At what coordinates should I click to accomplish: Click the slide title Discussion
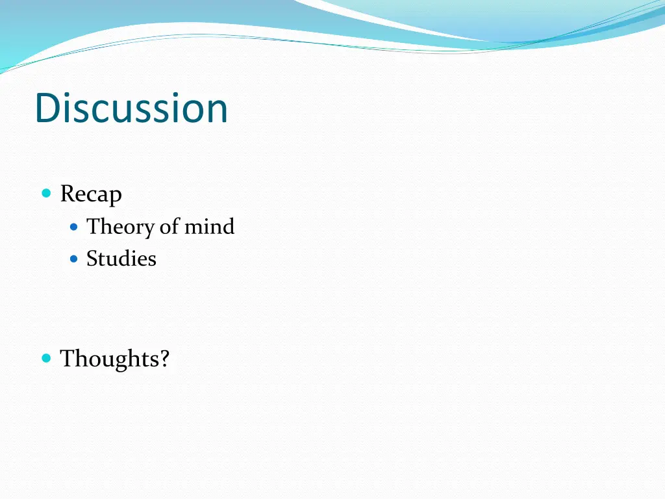tap(131, 108)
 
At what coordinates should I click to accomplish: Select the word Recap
tap(91, 194)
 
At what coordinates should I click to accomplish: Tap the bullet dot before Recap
tap(46, 193)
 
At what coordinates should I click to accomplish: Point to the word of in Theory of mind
tap(169, 227)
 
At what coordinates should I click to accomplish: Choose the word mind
tap(209, 227)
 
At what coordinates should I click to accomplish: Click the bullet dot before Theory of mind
tap(74, 227)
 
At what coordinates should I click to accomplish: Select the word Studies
tap(121, 259)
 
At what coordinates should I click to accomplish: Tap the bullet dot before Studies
tap(74, 259)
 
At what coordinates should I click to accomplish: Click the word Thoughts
tap(110, 358)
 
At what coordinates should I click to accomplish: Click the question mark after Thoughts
tap(165, 358)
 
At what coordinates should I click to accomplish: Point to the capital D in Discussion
tap(47, 108)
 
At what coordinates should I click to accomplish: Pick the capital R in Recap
tap(67, 194)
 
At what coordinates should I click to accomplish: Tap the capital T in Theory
tap(93, 227)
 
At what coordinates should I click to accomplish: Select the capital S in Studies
tap(92, 259)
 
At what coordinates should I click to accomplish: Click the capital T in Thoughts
tap(67, 358)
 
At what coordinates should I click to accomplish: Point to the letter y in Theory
tap(149, 229)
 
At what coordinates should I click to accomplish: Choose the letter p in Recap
tap(116, 196)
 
